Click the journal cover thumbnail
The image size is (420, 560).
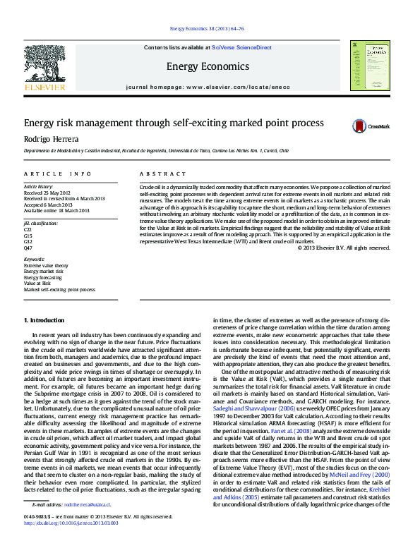(x=370, y=64)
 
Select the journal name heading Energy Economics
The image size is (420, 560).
(x=208, y=67)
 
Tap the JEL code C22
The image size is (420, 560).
(x=28, y=229)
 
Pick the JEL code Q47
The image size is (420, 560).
(x=28, y=248)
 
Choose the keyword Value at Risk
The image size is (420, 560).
(x=37, y=283)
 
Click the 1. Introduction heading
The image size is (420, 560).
(x=44, y=320)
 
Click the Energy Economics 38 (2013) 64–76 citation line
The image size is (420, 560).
(x=208, y=29)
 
